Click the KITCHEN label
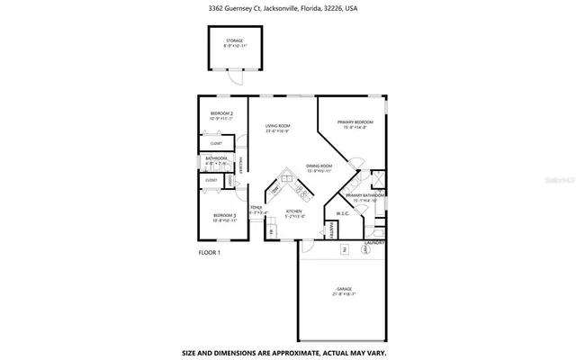294,213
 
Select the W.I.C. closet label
343,213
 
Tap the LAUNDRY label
375,242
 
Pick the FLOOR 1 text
209,253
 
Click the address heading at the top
287,8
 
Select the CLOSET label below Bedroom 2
217,143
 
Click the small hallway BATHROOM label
217,159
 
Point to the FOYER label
256,211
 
